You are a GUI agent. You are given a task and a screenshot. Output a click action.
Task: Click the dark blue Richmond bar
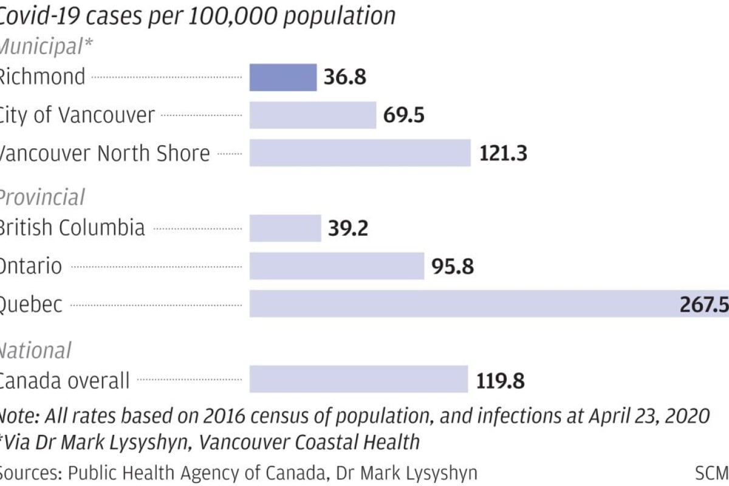click(283, 77)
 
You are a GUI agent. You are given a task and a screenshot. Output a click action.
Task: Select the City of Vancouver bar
click(313, 115)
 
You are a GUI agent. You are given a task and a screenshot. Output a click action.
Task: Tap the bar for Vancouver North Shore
click(360, 152)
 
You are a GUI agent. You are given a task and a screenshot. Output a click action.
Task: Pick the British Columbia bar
click(286, 228)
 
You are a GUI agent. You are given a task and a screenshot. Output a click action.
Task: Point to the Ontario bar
click(337, 266)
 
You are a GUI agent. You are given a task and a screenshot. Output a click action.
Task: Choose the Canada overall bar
click(358, 379)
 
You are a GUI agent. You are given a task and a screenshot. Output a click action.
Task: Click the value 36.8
click(345, 78)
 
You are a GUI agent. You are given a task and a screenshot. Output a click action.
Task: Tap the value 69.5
click(404, 115)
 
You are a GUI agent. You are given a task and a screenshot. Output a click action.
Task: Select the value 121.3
click(503, 153)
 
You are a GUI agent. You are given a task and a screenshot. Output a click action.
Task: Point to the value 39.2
click(348, 228)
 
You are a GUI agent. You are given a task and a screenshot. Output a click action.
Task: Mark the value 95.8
click(453, 266)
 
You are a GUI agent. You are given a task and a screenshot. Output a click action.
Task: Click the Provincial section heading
click(41, 197)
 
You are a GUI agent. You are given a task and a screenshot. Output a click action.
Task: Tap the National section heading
click(35, 351)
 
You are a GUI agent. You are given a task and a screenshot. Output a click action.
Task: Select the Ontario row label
click(30, 266)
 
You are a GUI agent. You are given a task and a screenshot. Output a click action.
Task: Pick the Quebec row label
click(30, 304)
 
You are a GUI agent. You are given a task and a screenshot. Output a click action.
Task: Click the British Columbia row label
click(72, 228)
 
